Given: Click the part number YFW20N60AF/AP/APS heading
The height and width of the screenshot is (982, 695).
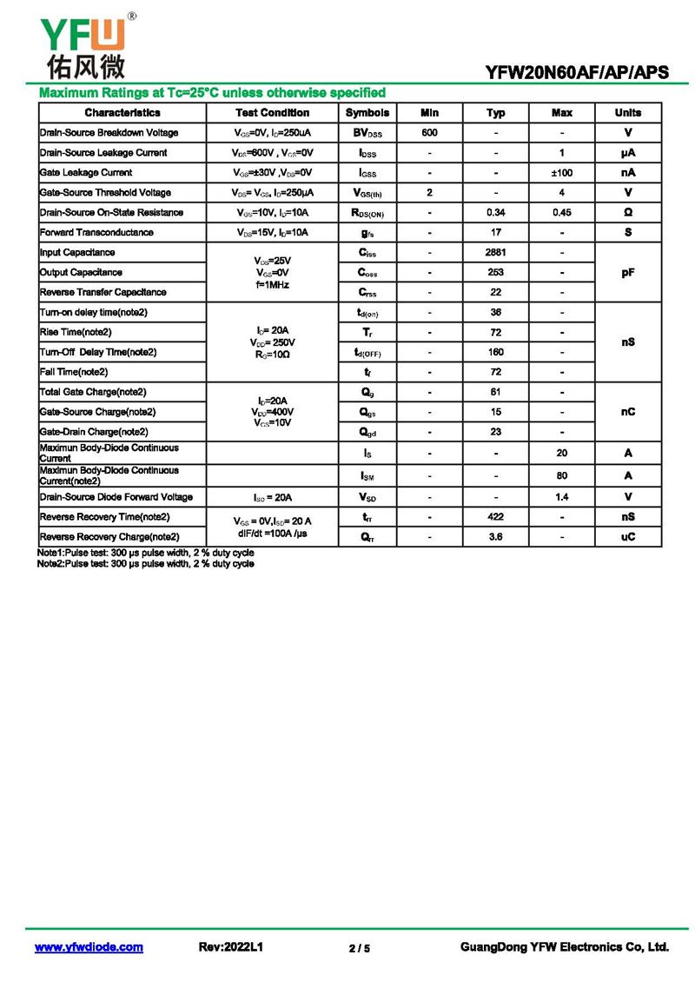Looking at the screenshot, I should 577,73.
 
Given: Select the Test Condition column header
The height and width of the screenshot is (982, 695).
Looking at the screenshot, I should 272,113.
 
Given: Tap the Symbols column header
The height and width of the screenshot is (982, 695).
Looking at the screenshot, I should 367,113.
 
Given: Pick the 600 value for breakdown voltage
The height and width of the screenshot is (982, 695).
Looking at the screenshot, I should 429,133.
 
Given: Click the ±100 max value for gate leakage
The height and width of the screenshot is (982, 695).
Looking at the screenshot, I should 562,173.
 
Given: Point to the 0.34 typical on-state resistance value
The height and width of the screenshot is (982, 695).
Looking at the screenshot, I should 495,213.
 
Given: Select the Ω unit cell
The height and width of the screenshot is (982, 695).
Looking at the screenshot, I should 628,213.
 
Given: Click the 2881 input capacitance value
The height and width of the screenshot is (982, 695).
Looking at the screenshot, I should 495,253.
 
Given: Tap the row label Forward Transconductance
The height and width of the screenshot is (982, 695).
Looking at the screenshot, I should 97,233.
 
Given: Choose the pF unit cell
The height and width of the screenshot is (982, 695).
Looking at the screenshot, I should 628,273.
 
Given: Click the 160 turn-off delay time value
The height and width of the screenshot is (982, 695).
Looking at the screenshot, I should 495,352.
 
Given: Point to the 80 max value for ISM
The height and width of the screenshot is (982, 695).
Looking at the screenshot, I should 562,475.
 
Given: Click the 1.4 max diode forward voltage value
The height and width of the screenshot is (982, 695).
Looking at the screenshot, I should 562,497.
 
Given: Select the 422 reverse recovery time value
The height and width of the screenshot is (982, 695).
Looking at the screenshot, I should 495,517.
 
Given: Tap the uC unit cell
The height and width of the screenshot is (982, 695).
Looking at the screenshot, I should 628,537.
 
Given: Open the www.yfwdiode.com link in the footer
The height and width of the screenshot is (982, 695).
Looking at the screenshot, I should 89,947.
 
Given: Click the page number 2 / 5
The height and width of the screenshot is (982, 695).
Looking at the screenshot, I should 360,948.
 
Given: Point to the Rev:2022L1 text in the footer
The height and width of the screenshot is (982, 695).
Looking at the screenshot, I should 231,947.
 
